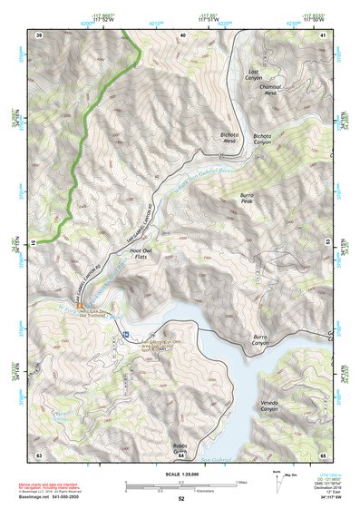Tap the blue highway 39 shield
(x=123, y=336)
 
